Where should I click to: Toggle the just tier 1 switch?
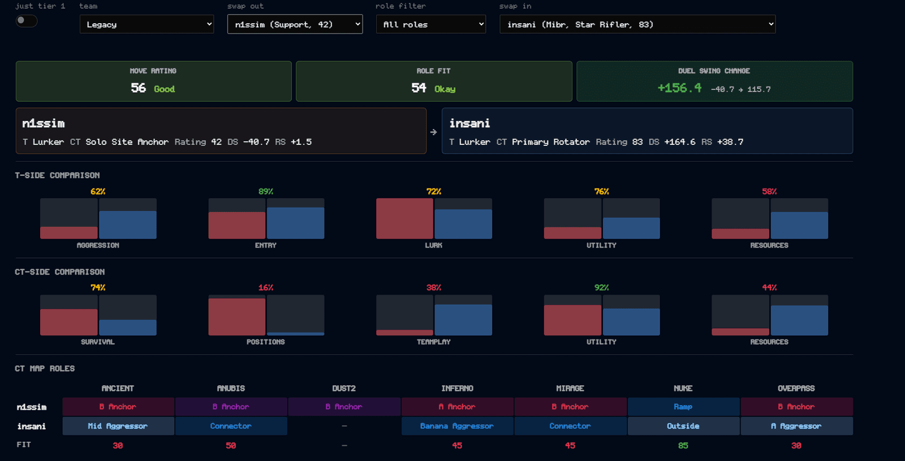26,20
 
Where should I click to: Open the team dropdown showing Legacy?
146,24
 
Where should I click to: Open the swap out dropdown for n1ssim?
295,24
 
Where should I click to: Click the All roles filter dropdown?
430,24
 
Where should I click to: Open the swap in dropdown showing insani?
637,24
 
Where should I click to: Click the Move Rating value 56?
138,88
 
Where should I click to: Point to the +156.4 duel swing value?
679,88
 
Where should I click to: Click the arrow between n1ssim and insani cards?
433,132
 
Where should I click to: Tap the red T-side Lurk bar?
404,218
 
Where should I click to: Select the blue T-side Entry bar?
296,223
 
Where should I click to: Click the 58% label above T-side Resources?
769,192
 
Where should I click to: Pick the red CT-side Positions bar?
237,317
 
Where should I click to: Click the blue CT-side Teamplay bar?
463,320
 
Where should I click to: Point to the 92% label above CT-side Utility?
602,288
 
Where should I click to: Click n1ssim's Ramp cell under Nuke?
683,407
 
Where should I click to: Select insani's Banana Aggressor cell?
457,426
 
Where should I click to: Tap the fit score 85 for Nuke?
683,446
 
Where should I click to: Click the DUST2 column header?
344,388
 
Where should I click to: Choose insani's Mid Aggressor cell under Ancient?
118,426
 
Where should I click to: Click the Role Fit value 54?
419,88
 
